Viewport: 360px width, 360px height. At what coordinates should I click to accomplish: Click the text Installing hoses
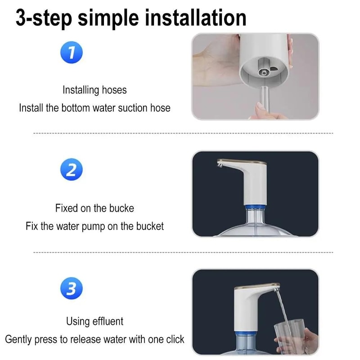(x=94, y=90)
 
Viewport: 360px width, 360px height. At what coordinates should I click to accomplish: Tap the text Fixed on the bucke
(x=94, y=208)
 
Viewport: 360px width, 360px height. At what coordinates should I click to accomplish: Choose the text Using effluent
(x=94, y=321)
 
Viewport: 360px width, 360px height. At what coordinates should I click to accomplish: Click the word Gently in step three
(x=19, y=339)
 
